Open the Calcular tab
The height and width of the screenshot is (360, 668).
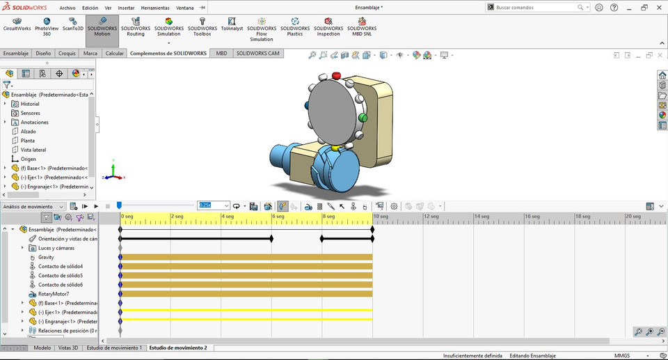coord(114,53)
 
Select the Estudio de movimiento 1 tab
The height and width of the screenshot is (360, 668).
coord(114,347)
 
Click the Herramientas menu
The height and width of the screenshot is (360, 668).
coord(154,8)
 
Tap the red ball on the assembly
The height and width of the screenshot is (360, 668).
coord(337,75)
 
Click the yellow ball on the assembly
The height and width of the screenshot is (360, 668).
coord(335,148)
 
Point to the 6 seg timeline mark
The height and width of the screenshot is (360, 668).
coord(277,217)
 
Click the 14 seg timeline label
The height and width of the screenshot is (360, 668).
coord(482,217)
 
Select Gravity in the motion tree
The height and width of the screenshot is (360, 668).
coord(46,257)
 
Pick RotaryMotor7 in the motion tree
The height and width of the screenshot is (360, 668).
coord(54,294)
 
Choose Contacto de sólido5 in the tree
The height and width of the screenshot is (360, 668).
coord(60,276)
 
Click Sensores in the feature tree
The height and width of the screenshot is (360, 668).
coord(30,113)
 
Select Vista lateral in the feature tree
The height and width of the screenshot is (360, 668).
coord(33,150)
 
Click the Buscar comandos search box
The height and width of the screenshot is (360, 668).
coord(536,7)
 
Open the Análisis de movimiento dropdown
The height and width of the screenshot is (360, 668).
coord(33,206)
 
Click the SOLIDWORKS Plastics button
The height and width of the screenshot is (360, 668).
coord(295,29)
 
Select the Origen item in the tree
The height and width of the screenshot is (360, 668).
coord(28,159)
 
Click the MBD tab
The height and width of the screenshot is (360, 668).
coord(221,53)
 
